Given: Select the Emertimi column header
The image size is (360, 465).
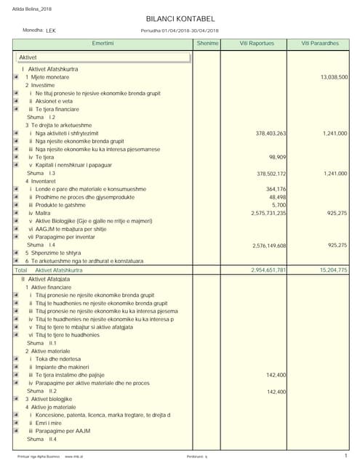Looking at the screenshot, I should pyautogui.click(x=103, y=44).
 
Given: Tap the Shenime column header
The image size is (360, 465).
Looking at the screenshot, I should pyautogui.click(x=207, y=44).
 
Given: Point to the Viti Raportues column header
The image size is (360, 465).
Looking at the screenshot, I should pyautogui.click(x=257, y=44).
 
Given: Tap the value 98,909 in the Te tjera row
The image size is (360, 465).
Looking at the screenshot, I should pyautogui.click(x=277, y=157).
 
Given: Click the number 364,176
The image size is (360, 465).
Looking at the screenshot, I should pyautogui.click(x=276, y=189).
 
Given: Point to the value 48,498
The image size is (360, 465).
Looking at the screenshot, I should pyautogui.click(x=277, y=197).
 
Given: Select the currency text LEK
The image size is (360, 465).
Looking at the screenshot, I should pyautogui.click(x=50, y=31).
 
